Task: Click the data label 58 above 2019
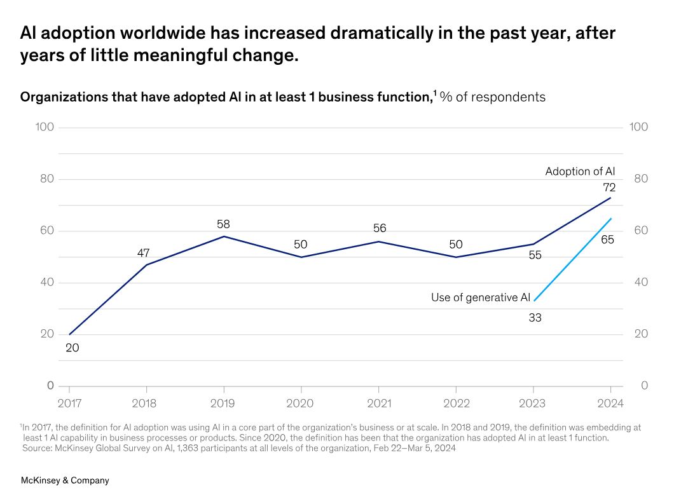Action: (223, 224)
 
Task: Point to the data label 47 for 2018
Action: (143, 254)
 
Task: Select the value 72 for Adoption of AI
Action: (609, 187)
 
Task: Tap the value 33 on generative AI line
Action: (535, 317)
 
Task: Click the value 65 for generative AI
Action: (607, 240)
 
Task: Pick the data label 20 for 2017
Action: (72, 348)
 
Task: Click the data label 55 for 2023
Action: (535, 255)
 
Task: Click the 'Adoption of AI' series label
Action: (580, 172)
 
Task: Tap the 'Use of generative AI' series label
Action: (480, 297)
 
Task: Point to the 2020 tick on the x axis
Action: (301, 404)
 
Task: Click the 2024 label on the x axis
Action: (610, 404)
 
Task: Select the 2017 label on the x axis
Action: (69, 404)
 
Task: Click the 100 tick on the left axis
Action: (44, 127)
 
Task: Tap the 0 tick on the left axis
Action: (50, 386)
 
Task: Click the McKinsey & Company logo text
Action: (65, 480)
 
